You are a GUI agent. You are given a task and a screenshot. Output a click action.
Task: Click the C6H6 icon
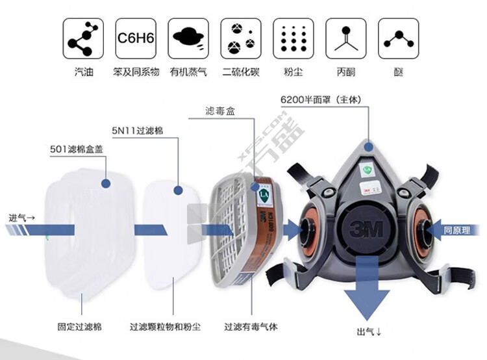pos(135,39)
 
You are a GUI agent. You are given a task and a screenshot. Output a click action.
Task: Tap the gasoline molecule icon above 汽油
pos(83,39)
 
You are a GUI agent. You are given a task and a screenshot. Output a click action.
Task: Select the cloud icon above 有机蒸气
pos(188,39)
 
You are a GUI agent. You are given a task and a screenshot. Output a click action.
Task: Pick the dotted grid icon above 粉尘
pos(293,39)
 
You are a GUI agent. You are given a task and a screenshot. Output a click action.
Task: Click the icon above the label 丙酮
pos(345,39)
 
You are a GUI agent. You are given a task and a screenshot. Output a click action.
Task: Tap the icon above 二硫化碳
pos(241,39)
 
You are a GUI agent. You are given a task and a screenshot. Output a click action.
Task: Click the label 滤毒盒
pos(221,112)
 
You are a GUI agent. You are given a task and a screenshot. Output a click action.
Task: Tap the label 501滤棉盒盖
pos(77,149)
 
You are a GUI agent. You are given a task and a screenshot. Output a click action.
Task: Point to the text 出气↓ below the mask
pos(369,331)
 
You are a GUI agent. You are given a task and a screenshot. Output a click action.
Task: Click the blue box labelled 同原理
pos(457,229)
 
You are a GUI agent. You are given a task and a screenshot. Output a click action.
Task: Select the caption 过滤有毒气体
pos(251,326)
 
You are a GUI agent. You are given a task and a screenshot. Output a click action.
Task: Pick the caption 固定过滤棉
pos(79,326)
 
